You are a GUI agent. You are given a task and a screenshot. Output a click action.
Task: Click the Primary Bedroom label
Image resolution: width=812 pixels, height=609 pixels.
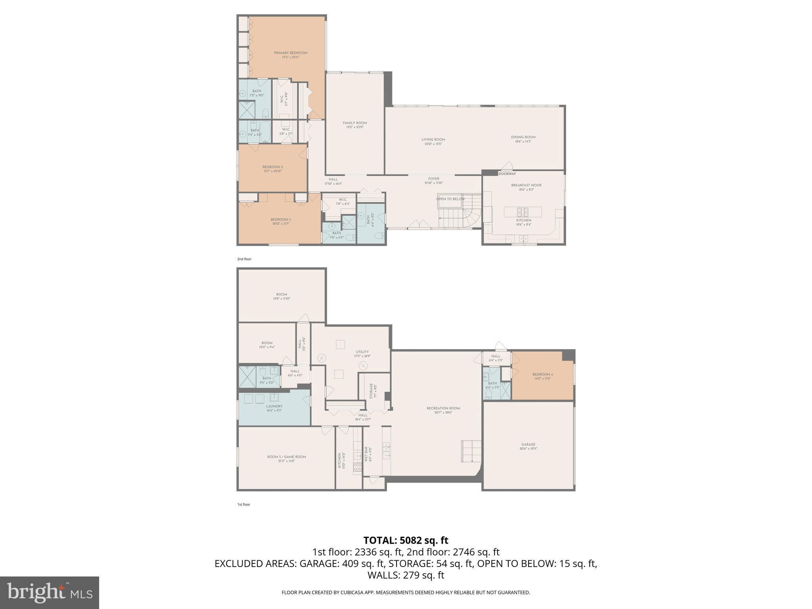click(290, 53)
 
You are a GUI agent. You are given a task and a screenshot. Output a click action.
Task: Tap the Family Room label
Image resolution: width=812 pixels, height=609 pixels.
click(355, 123)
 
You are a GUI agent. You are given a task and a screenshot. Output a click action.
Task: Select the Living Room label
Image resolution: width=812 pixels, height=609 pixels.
click(433, 140)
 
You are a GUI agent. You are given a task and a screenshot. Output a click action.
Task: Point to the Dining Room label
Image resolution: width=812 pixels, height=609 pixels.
click(523, 137)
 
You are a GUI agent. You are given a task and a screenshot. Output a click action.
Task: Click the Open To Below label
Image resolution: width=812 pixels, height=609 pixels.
click(450, 199)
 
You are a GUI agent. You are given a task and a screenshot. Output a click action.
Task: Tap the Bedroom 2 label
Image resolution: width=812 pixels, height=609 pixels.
click(272, 167)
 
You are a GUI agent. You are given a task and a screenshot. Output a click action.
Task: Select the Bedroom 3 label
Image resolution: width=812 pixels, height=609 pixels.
click(281, 220)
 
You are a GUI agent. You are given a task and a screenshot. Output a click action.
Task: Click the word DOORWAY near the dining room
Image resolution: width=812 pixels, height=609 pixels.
click(507, 174)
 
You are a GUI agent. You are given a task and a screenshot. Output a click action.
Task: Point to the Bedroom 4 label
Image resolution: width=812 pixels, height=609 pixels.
click(542, 374)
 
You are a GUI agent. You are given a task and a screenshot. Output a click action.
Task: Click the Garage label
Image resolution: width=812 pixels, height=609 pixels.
click(528, 444)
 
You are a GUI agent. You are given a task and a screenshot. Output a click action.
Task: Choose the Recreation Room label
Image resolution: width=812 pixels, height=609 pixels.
click(443, 408)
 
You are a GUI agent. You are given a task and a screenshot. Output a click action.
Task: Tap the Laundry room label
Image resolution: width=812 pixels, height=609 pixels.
click(274, 406)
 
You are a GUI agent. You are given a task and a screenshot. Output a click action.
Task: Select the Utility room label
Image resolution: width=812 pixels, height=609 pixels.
click(362, 352)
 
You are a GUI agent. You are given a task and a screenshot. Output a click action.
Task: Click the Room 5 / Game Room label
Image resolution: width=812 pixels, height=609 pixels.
click(286, 457)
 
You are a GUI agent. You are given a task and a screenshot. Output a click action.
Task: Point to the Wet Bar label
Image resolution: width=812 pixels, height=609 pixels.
click(366, 455)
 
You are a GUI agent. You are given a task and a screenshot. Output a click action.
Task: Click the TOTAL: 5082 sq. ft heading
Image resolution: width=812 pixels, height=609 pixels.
click(406, 540)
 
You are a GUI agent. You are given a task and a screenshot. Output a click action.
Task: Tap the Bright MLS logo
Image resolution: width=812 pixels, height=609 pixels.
click(50, 592)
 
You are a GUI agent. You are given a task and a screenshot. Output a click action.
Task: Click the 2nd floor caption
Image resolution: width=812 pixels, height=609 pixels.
click(244, 259)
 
